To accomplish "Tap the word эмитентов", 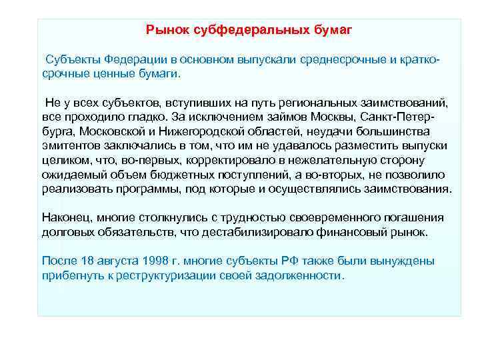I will click(69, 145).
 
